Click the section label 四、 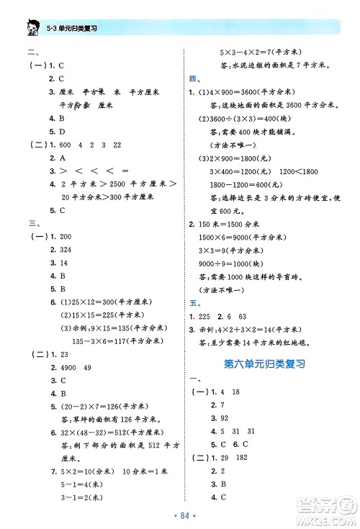(x=194, y=78)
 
